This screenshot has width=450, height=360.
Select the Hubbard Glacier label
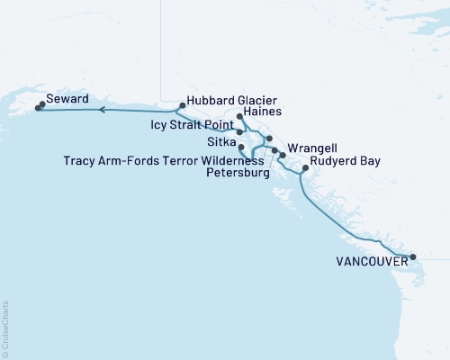coord(231,101)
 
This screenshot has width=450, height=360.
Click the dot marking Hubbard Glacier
coord(183,105)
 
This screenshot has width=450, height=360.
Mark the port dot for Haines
coord(239,117)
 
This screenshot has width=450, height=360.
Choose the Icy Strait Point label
coord(192,127)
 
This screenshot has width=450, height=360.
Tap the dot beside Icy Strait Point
coord(239,131)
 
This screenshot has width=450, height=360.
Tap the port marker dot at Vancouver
coord(413,257)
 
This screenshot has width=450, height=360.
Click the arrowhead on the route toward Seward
coord(102,111)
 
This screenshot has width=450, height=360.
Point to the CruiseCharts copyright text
coord(5,328)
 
